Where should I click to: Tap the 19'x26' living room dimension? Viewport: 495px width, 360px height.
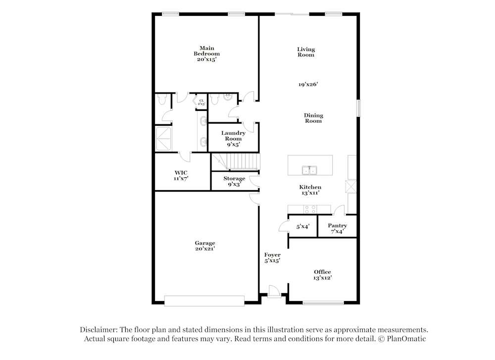click(308, 84)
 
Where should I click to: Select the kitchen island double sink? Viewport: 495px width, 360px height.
click(310, 170)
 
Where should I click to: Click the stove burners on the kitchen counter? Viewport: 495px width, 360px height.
click(310, 207)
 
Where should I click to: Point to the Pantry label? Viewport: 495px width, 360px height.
click(337, 226)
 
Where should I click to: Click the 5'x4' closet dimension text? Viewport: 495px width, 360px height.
click(303, 226)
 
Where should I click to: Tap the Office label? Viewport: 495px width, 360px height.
click(322, 272)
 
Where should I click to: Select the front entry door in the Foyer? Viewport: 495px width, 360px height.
click(272, 292)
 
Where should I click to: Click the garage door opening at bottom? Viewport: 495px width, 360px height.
click(204, 301)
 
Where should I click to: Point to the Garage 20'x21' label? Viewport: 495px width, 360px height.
click(204, 246)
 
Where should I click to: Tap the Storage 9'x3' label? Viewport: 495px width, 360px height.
click(234, 181)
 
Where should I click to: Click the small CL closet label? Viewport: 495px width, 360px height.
click(201, 102)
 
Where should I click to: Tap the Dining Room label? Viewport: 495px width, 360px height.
click(313, 118)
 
